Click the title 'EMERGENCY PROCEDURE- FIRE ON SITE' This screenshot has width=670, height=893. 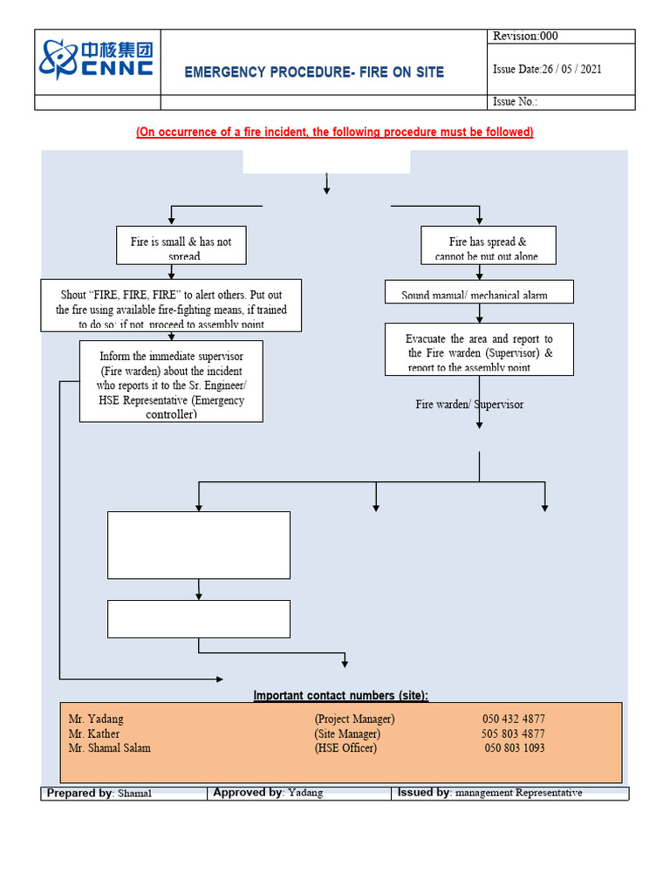pos(314,72)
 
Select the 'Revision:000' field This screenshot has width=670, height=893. pos(525,36)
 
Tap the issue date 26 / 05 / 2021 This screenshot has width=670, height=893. pos(547,70)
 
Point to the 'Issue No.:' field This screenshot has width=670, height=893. pos(516,102)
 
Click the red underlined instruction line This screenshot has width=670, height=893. pos(334,132)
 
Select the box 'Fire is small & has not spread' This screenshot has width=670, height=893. pos(181,246)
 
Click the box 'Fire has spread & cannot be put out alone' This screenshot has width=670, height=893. pos(488,246)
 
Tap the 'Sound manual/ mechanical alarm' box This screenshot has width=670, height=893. pos(479,293)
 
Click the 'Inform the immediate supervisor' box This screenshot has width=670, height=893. pos(171,382)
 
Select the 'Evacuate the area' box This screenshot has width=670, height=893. pos(479,351)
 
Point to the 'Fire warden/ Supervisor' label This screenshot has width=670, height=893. pos(469,405)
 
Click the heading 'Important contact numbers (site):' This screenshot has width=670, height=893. pos(341,695)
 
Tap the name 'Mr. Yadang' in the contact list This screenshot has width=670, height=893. pos(96,719)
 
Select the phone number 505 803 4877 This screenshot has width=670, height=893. pos(514,733)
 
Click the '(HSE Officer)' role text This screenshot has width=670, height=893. pos(345,748)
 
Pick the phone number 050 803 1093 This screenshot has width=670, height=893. pos(514,748)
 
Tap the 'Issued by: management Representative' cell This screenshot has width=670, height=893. pos(489,793)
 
